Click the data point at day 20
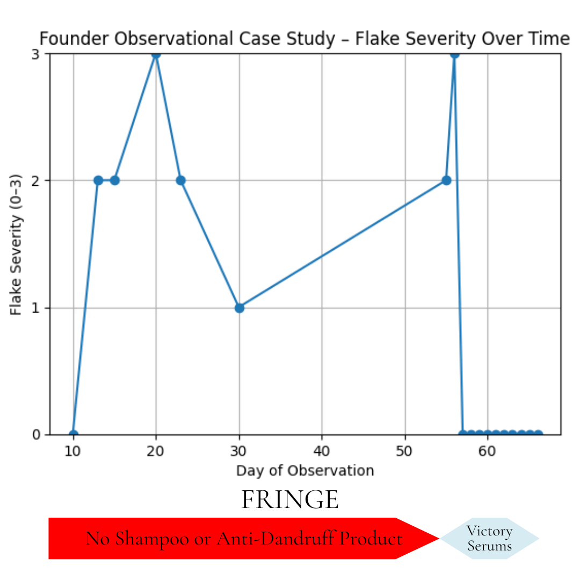point(156,54)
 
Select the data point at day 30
point(240,308)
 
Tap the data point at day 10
point(74,434)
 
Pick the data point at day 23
point(181,180)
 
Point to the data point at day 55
point(446,180)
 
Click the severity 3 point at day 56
point(454,54)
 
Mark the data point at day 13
point(98,180)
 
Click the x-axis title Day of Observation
point(305,471)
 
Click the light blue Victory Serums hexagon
point(489,539)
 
